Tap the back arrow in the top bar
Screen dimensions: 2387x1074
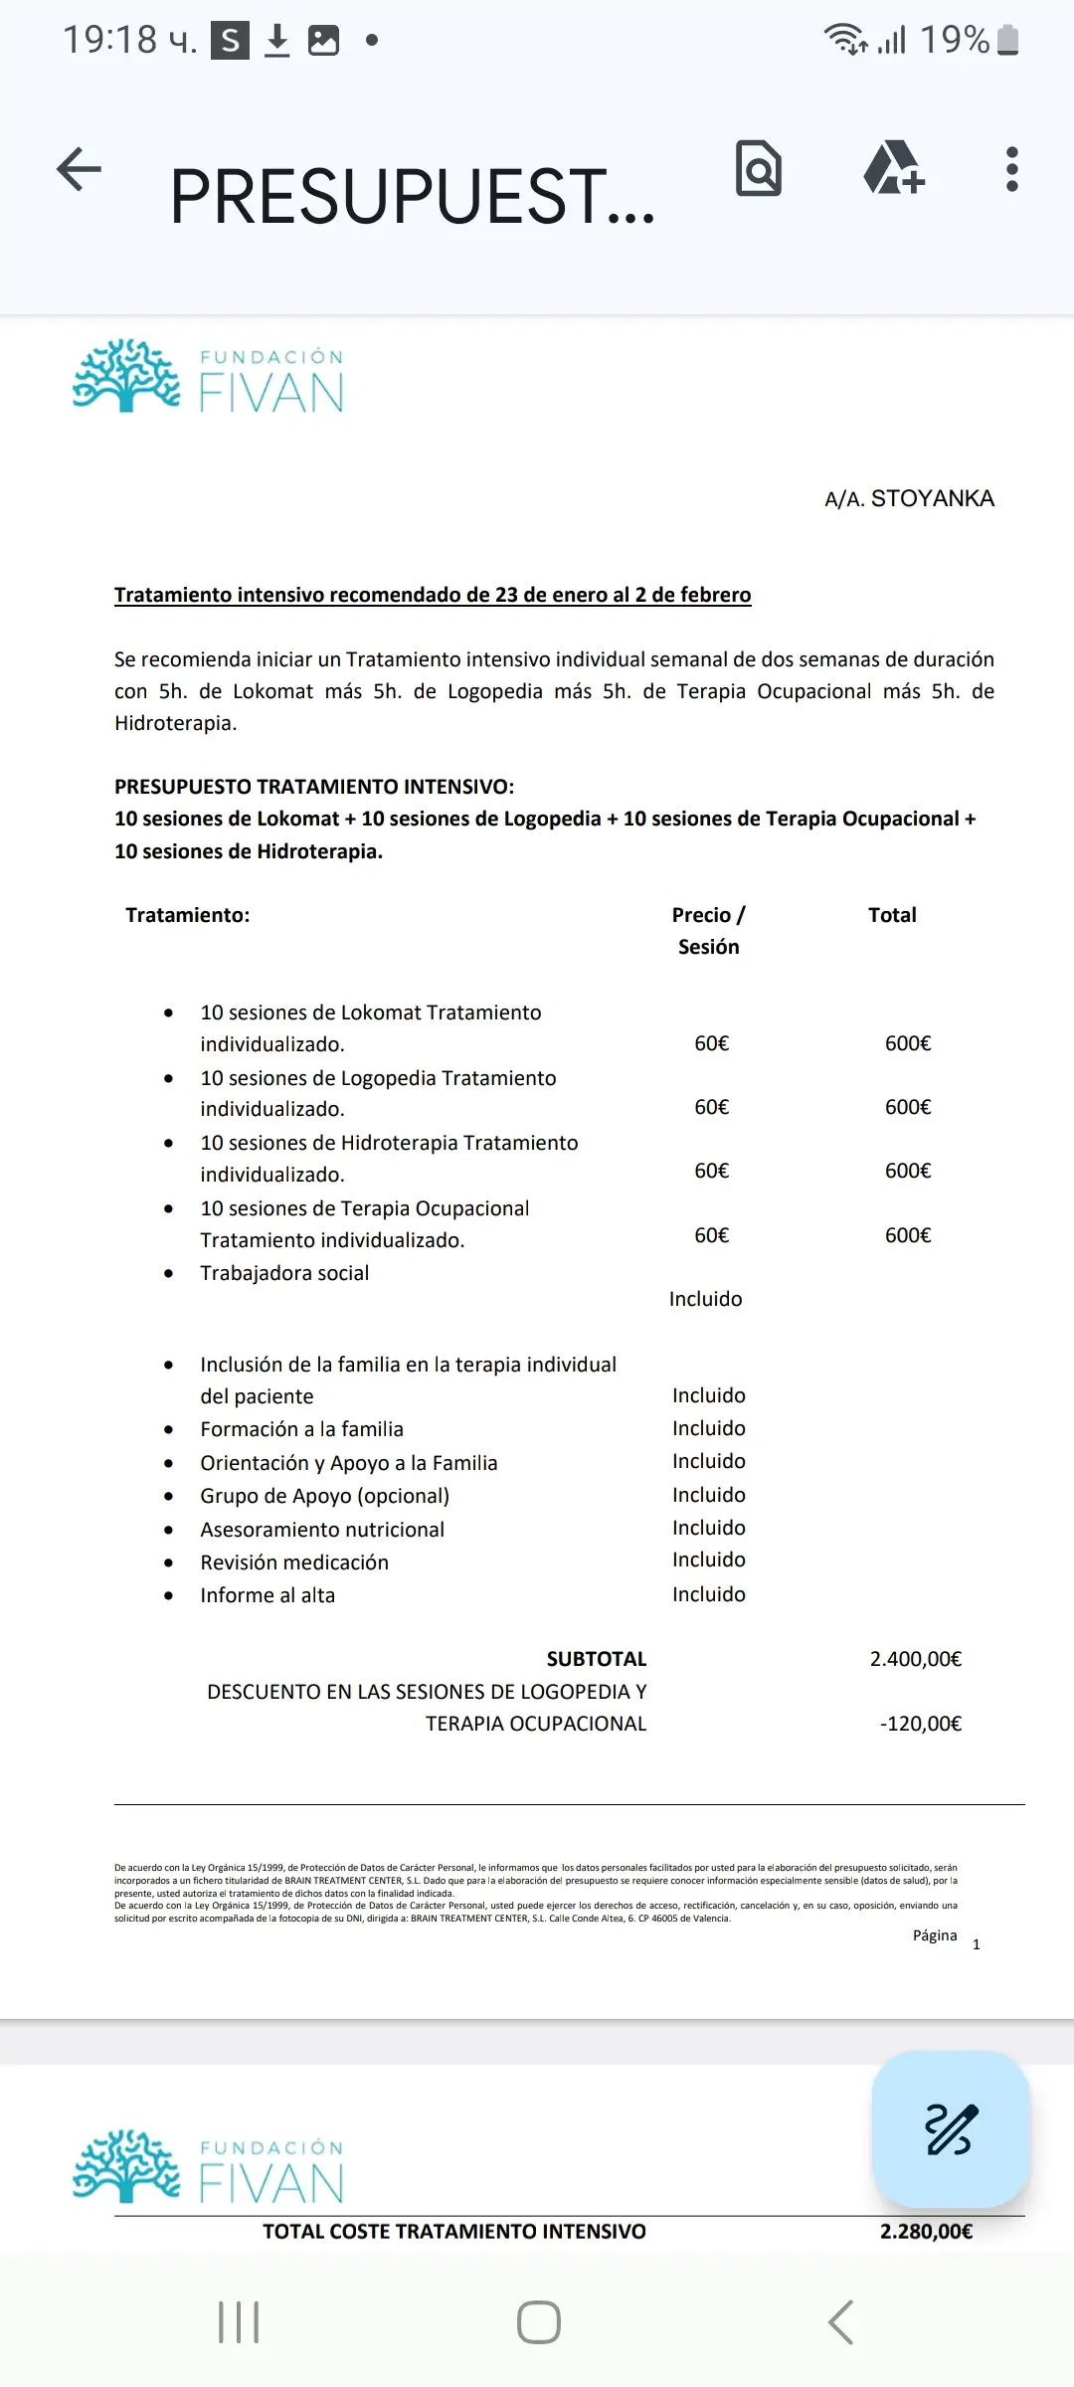[80, 169]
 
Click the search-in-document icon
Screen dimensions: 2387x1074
[759, 169]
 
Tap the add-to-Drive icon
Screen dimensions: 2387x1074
[894, 168]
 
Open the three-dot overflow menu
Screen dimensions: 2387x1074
[1011, 169]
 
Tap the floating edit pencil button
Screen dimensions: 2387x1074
[951, 2129]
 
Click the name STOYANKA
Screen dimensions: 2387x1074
[932, 498]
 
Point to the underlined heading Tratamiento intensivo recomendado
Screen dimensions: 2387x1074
[433, 595]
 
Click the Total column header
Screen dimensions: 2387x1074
[892, 915]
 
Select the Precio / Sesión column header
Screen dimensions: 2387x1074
[708, 931]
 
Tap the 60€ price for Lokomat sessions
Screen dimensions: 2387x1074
[711, 1043]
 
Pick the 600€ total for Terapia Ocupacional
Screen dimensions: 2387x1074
[908, 1235]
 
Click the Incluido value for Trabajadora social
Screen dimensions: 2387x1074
[705, 1299]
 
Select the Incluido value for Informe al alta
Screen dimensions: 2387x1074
[708, 1594]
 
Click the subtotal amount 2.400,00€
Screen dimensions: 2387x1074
[915, 1659]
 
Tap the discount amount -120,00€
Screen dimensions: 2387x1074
[920, 1724]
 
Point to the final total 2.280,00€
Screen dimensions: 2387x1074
[926, 2232]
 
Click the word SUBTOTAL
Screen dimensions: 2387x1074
[596, 1659]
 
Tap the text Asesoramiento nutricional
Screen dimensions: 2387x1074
[322, 1530]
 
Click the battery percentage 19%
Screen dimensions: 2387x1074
[954, 40]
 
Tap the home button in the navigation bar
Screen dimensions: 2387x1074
[538, 2322]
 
